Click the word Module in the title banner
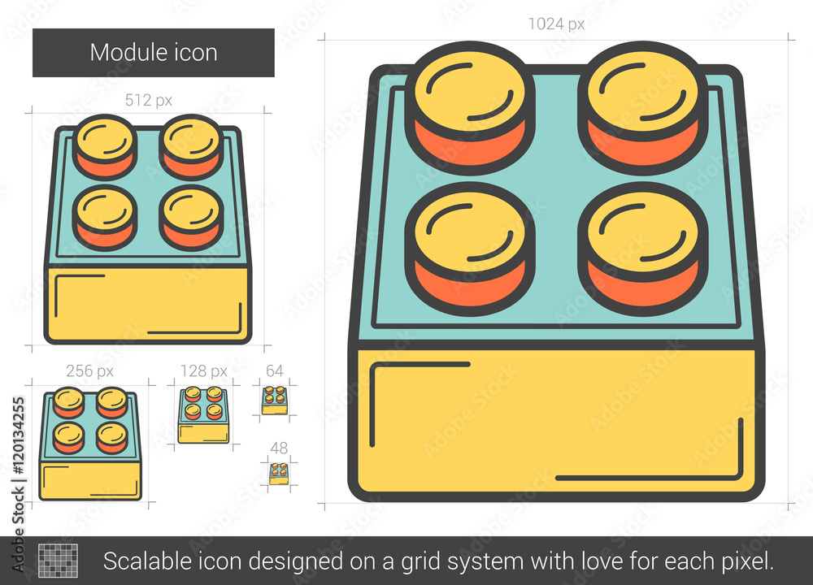122,53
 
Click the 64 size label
275,371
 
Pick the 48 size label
279,448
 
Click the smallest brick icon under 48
279,473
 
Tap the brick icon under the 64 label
275,399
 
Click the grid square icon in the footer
58,561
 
